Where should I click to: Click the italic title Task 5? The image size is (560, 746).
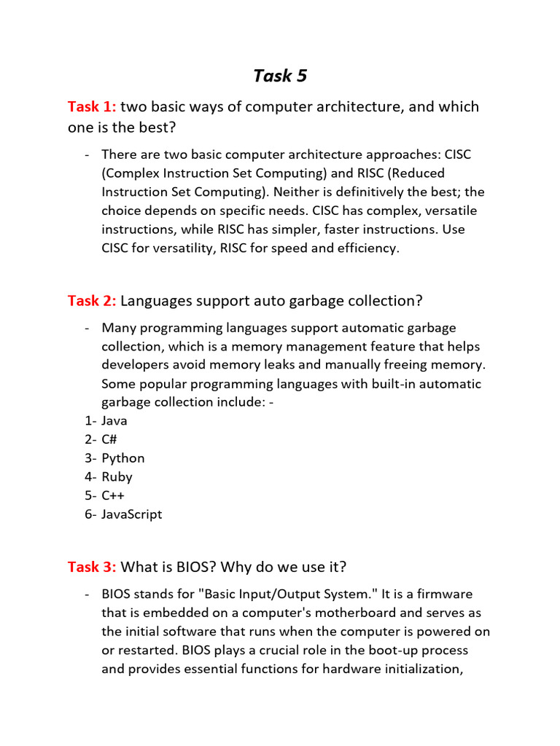(x=280, y=76)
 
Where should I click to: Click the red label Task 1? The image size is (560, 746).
(x=92, y=107)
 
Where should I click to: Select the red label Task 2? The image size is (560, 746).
(x=92, y=300)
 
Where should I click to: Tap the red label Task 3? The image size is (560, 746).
(x=92, y=567)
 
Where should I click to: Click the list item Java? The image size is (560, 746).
(x=114, y=421)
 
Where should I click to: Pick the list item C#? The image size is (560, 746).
(x=109, y=439)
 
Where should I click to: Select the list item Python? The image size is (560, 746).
(x=123, y=458)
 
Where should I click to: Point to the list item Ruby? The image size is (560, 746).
(x=117, y=477)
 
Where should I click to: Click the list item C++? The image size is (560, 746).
(x=113, y=495)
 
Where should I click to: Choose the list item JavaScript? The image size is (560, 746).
(x=132, y=514)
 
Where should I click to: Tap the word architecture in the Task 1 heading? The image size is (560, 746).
(x=340, y=107)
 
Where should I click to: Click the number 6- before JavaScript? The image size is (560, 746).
(x=90, y=514)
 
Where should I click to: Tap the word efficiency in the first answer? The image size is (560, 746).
(x=365, y=248)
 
